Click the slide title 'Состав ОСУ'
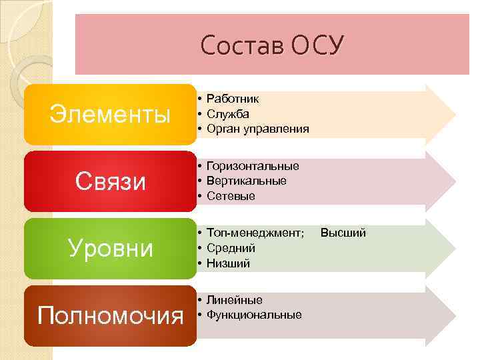tap(272, 45)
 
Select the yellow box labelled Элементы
tap(111, 115)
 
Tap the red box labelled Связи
tap(111, 181)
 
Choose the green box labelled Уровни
tap(111, 248)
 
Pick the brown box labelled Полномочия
tap(111, 315)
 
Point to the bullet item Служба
tap(228, 113)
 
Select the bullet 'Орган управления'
tap(258, 129)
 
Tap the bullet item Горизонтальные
tap(253, 165)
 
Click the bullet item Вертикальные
tap(247, 181)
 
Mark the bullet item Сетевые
tap(231, 196)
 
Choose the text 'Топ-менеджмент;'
tap(255, 233)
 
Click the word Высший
tap(343, 233)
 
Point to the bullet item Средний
tap(231, 248)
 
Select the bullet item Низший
tap(229, 263)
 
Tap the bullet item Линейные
tap(235, 300)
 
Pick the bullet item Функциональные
tap(254, 315)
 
